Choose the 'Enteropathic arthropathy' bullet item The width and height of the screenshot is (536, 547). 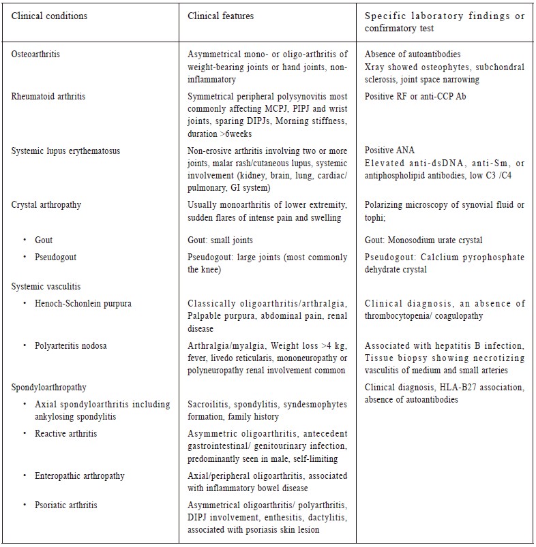[80, 475]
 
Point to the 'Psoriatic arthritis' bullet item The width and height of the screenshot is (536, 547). [65, 505]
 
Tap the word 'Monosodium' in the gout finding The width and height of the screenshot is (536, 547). [415, 240]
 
